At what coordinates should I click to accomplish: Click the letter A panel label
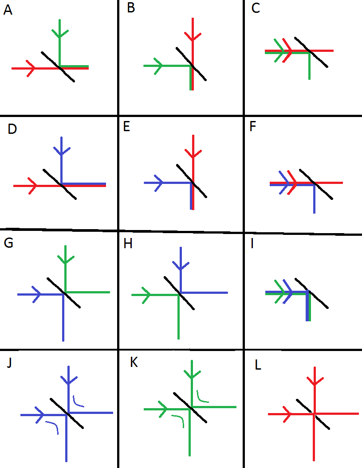pyautogui.click(x=8, y=10)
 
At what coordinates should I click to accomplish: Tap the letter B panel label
pyautogui.click(x=131, y=8)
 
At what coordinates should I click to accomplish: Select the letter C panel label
pyautogui.click(x=256, y=8)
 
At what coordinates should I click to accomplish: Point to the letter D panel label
pyautogui.click(x=12, y=129)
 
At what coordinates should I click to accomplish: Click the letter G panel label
pyautogui.click(x=8, y=243)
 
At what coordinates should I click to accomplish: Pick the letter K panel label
pyautogui.click(x=134, y=363)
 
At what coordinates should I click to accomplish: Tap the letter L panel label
pyautogui.click(x=258, y=365)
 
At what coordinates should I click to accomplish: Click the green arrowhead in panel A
pyautogui.click(x=60, y=33)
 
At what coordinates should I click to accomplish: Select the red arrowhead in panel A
pyautogui.click(x=31, y=68)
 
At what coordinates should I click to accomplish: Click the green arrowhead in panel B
pyautogui.click(x=158, y=66)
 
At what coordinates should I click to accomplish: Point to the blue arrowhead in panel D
pyautogui.click(x=62, y=151)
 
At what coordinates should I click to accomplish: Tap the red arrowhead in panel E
pyautogui.click(x=193, y=153)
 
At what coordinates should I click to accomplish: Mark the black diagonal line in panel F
pyautogui.click(x=316, y=184)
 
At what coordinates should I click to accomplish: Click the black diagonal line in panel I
pyautogui.click(x=311, y=293)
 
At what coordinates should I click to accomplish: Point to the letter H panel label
pyautogui.click(x=128, y=244)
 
